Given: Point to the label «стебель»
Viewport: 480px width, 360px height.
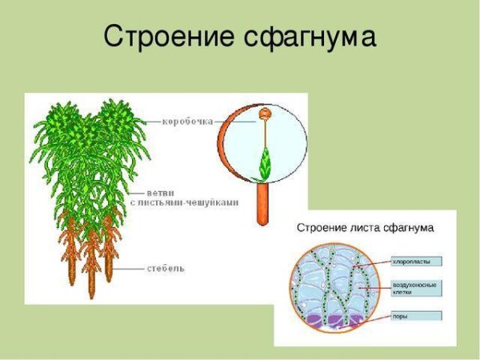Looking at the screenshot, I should click(166, 268).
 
